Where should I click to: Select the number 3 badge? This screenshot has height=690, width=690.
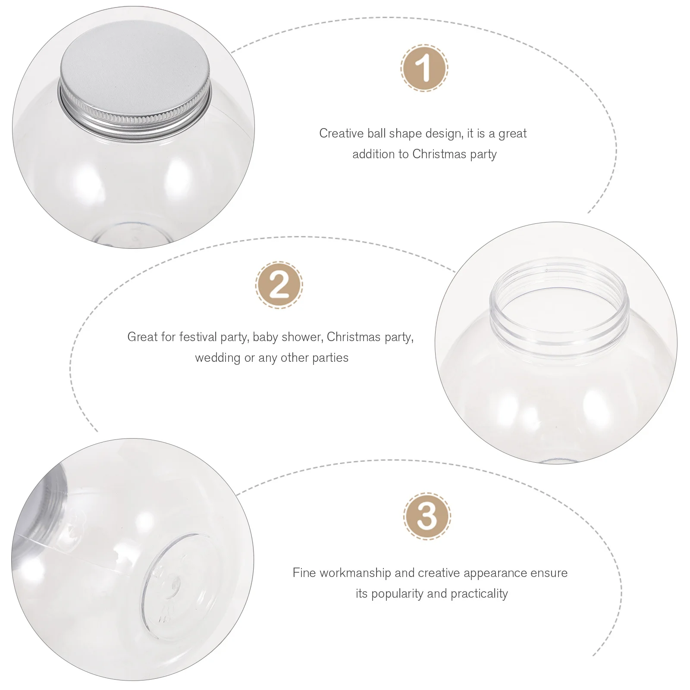[427, 516]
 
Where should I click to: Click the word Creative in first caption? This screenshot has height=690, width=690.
[336, 134]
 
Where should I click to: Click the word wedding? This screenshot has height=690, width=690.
[218, 358]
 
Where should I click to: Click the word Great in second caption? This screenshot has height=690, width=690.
[143, 337]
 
